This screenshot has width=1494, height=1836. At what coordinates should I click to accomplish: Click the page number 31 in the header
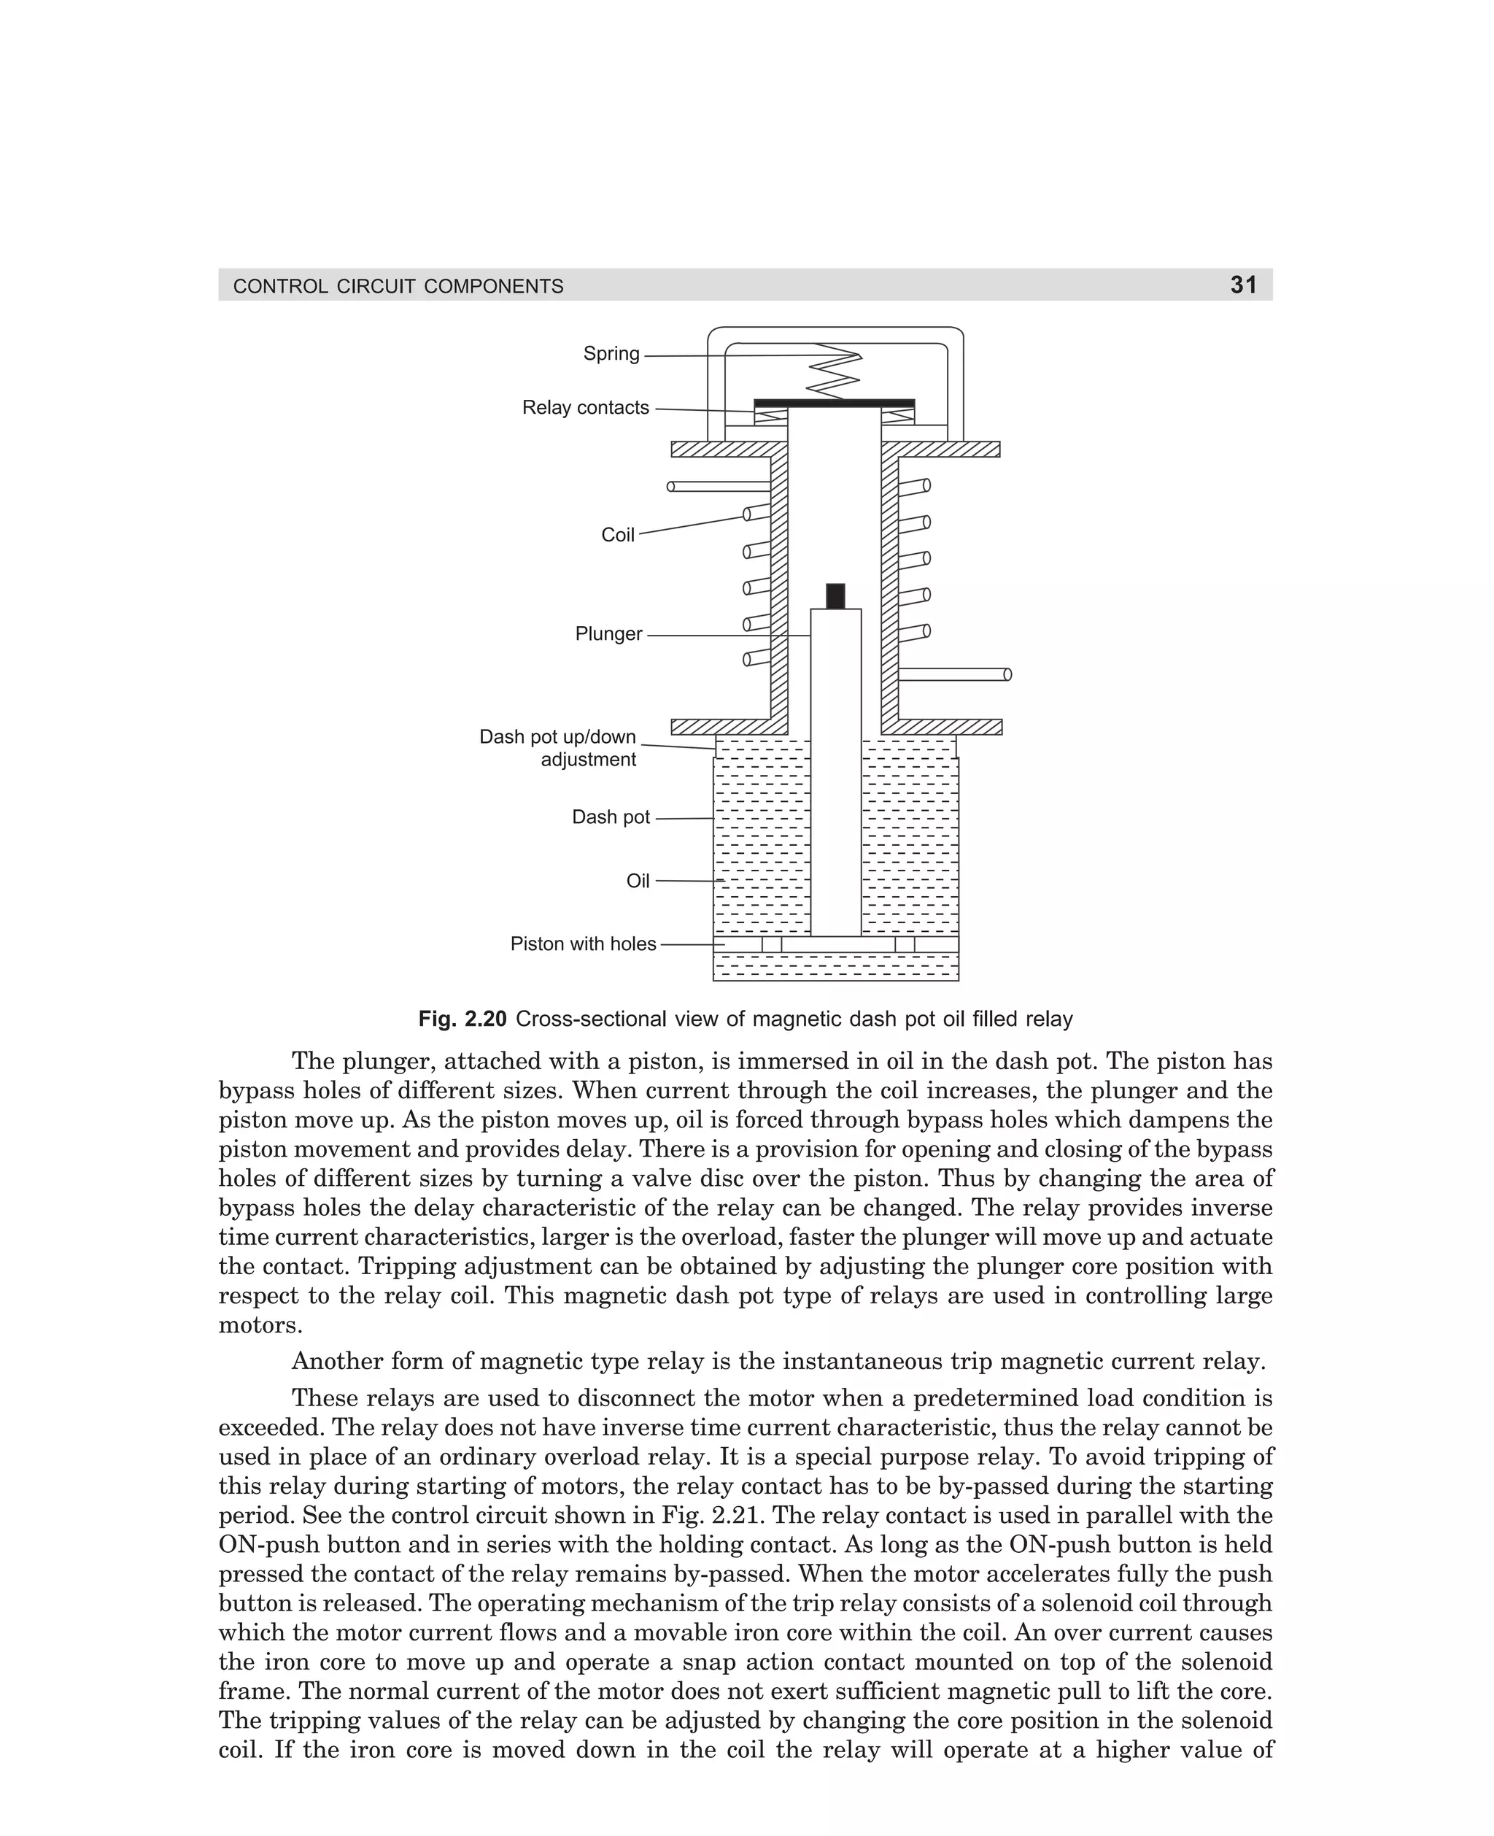coord(1244,285)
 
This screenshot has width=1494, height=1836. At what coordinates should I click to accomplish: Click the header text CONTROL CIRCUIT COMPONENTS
coord(398,287)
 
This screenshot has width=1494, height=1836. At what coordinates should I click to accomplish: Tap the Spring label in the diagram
coord(611,354)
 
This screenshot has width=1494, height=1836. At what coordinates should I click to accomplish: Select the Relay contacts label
coord(585,408)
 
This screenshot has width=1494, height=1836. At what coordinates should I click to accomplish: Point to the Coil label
coord(617,536)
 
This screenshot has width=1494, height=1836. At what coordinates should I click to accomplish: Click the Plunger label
coord(608,634)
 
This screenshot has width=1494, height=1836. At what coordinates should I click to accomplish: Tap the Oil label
coord(638,882)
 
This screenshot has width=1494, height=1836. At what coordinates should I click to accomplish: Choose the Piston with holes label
coord(583,944)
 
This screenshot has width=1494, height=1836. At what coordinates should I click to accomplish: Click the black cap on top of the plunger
coord(835,595)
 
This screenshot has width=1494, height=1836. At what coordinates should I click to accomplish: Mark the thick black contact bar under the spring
coord(834,403)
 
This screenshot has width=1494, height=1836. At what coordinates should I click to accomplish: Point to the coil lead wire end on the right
coord(1007,674)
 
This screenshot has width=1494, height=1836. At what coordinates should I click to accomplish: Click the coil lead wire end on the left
coord(671,486)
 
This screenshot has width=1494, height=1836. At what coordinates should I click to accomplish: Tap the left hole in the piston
coord(771,944)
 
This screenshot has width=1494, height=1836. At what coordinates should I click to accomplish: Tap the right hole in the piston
coord(905,944)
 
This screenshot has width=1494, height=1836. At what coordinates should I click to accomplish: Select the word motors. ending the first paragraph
coord(260,1326)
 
